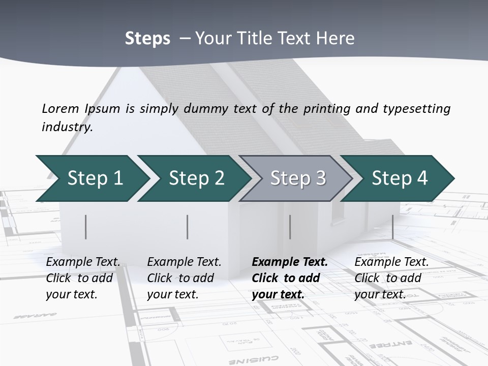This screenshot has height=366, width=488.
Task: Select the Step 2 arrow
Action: (196, 178)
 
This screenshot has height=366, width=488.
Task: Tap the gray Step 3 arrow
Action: (297, 178)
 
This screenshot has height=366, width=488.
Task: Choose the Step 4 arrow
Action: (399, 178)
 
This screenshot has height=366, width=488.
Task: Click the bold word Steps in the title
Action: (147, 39)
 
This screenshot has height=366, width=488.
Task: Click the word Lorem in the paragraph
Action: (60, 109)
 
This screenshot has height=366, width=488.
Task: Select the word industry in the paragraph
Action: (67, 127)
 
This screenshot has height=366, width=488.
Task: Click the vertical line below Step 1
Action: (86, 227)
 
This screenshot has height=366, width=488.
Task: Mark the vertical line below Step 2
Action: (188, 227)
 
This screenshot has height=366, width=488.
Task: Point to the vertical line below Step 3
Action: (290, 227)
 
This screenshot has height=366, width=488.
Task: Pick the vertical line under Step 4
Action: (392, 227)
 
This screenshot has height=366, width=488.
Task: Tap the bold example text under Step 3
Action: (289, 278)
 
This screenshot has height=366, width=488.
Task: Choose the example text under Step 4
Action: (391, 278)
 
